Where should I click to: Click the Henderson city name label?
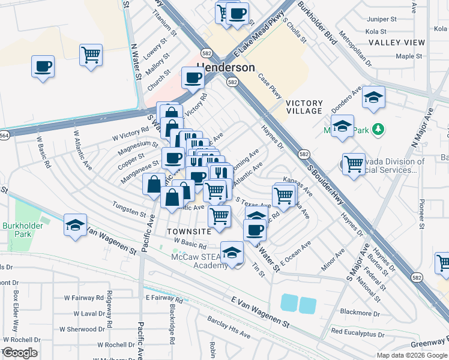(x=226, y=67)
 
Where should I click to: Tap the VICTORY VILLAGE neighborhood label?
(x=304, y=107)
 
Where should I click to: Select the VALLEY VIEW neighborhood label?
(x=397, y=43)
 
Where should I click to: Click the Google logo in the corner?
(x=19, y=353)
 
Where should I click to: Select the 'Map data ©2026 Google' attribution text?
(x=412, y=355)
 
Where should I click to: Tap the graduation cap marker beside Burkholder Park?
(x=75, y=225)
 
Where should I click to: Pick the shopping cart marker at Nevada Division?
(x=354, y=163)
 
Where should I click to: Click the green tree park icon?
(x=378, y=129)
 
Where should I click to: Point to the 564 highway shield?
(x=4, y=136)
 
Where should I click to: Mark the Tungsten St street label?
(x=129, y=210)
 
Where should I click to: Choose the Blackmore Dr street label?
(x=360, y=313)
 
